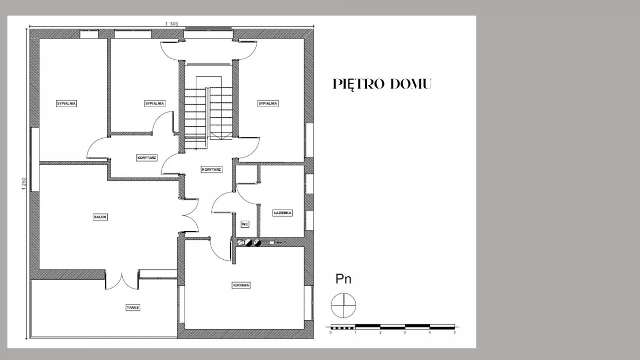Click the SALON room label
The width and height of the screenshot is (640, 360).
pos(100,217)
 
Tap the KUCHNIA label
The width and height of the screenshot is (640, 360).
pos(241,285)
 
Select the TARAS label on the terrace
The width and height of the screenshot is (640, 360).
pos(133,307)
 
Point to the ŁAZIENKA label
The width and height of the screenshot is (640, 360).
pos(282,213)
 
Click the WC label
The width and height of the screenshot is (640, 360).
pos(245,225)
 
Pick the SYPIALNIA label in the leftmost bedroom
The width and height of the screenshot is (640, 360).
pos(66,103)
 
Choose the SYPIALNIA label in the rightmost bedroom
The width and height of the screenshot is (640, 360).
pos(268,103)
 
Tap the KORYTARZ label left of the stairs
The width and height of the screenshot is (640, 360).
pos(147,158)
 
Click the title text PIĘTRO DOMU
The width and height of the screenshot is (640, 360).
pos(382,84)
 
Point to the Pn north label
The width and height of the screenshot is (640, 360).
pos(343,279)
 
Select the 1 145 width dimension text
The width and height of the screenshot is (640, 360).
pos(171,23)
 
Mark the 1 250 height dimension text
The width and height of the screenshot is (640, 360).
pos(23,184)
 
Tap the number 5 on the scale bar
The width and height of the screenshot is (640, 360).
pos(454,333)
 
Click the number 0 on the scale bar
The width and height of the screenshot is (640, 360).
pos(331,333)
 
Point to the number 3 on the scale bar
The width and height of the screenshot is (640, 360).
pos(405,333)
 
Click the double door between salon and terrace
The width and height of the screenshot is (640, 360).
pos(122,282)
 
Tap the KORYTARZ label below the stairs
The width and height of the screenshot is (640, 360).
pos(211,170)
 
